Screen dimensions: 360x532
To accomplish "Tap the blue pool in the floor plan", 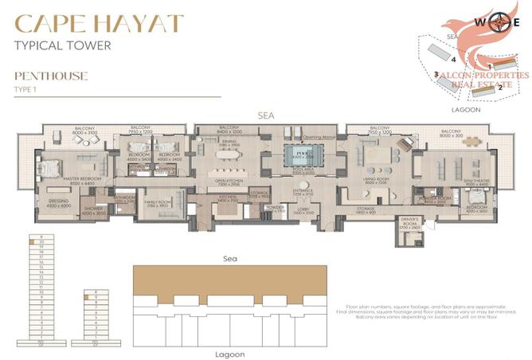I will pos(301,155).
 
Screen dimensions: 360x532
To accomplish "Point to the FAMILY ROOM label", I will pos(158,203).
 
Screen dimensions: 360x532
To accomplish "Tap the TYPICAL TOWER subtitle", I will pos(62,45).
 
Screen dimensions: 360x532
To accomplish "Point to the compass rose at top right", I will pos(501,22).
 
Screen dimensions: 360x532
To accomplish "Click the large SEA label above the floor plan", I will pos(266,115).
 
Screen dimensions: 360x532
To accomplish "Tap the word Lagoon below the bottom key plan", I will pos(231,353).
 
